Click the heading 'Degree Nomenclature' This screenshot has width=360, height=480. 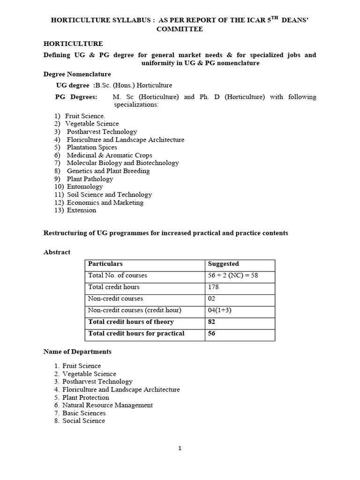(x=77, y=74)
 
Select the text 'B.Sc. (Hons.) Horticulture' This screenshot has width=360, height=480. (x=134, y=85)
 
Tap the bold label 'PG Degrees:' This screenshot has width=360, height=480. (x=76, y=97)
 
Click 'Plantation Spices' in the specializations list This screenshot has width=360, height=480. (x=92, y=147)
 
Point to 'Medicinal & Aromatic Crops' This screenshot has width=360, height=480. (x=109, y=155)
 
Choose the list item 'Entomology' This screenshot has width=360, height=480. (x=85, y=187)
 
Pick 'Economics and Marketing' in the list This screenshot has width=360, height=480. (x=105, y=202)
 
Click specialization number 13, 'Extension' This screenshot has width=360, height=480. (x=82, y=210)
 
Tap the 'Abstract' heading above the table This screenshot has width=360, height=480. (x=57, y=252)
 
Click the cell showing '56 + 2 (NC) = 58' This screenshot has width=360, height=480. (x=233, y=276)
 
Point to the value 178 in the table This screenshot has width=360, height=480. (x=213, y=287)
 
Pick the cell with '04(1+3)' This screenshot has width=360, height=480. (x=219, y=310)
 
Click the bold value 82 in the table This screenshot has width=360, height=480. (x=211, y=322)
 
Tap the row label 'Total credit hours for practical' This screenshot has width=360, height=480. (x=136, y=333)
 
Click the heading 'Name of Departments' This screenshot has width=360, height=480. (x=77, y=352)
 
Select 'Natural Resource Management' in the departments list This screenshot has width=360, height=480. (x=107, y=405)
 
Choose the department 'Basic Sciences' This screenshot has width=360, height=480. (x=84, y=413)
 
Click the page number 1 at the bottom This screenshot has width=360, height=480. (x=180, y=449)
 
